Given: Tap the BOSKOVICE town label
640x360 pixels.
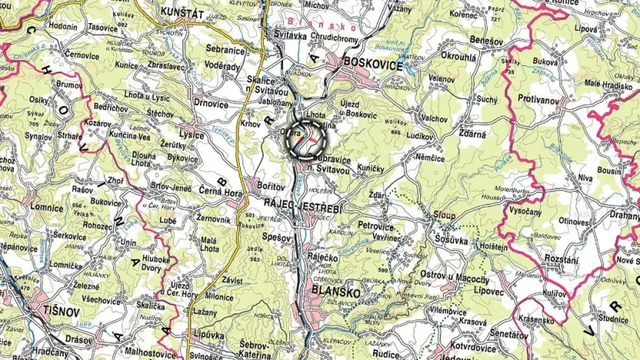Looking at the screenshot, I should coord(373,65).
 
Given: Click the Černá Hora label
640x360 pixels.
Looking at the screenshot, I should coord(220,194).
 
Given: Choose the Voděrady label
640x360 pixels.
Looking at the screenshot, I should coord(223,67).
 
